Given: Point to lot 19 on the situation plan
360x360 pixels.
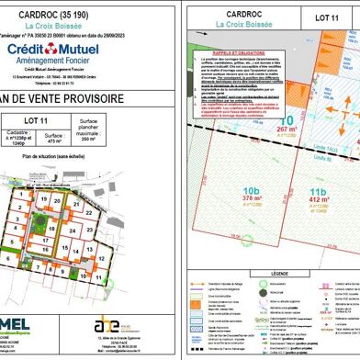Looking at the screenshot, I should pos(43,197).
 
